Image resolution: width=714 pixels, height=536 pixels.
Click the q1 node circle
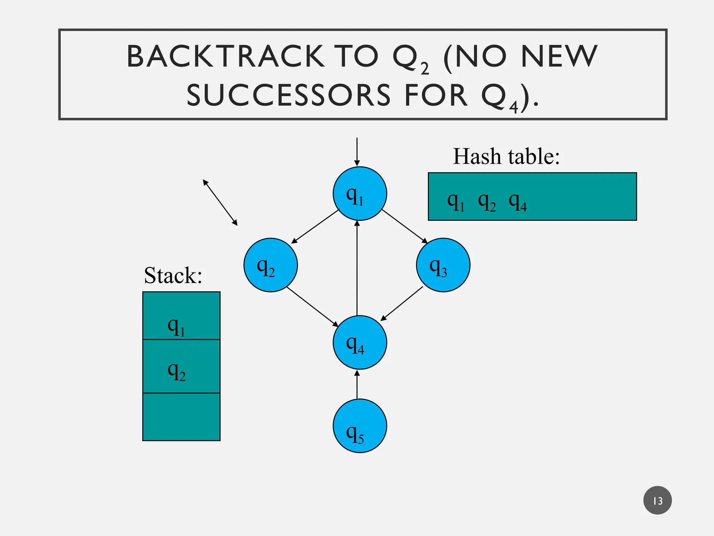click(359, 194)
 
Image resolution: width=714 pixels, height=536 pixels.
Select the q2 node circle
click(271, 265)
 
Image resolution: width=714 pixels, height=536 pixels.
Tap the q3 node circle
click(443, 265)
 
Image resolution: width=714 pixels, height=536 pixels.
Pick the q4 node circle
click(359, 342)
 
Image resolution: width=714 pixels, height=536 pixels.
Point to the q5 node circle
click(359, 426)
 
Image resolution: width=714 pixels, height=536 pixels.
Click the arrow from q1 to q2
click(315, 226)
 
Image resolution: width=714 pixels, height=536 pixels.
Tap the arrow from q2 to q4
click(312, 307)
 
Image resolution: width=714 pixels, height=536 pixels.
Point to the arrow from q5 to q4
click(357, 385)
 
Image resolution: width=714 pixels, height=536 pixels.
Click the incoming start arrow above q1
click(357, 152)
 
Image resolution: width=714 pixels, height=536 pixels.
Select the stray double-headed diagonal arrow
click(220, 203)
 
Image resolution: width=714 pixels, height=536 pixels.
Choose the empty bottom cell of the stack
click(181, 417)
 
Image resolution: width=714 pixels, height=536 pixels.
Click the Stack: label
click(173, 276)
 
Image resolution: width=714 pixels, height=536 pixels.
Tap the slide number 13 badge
click(657, 500)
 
